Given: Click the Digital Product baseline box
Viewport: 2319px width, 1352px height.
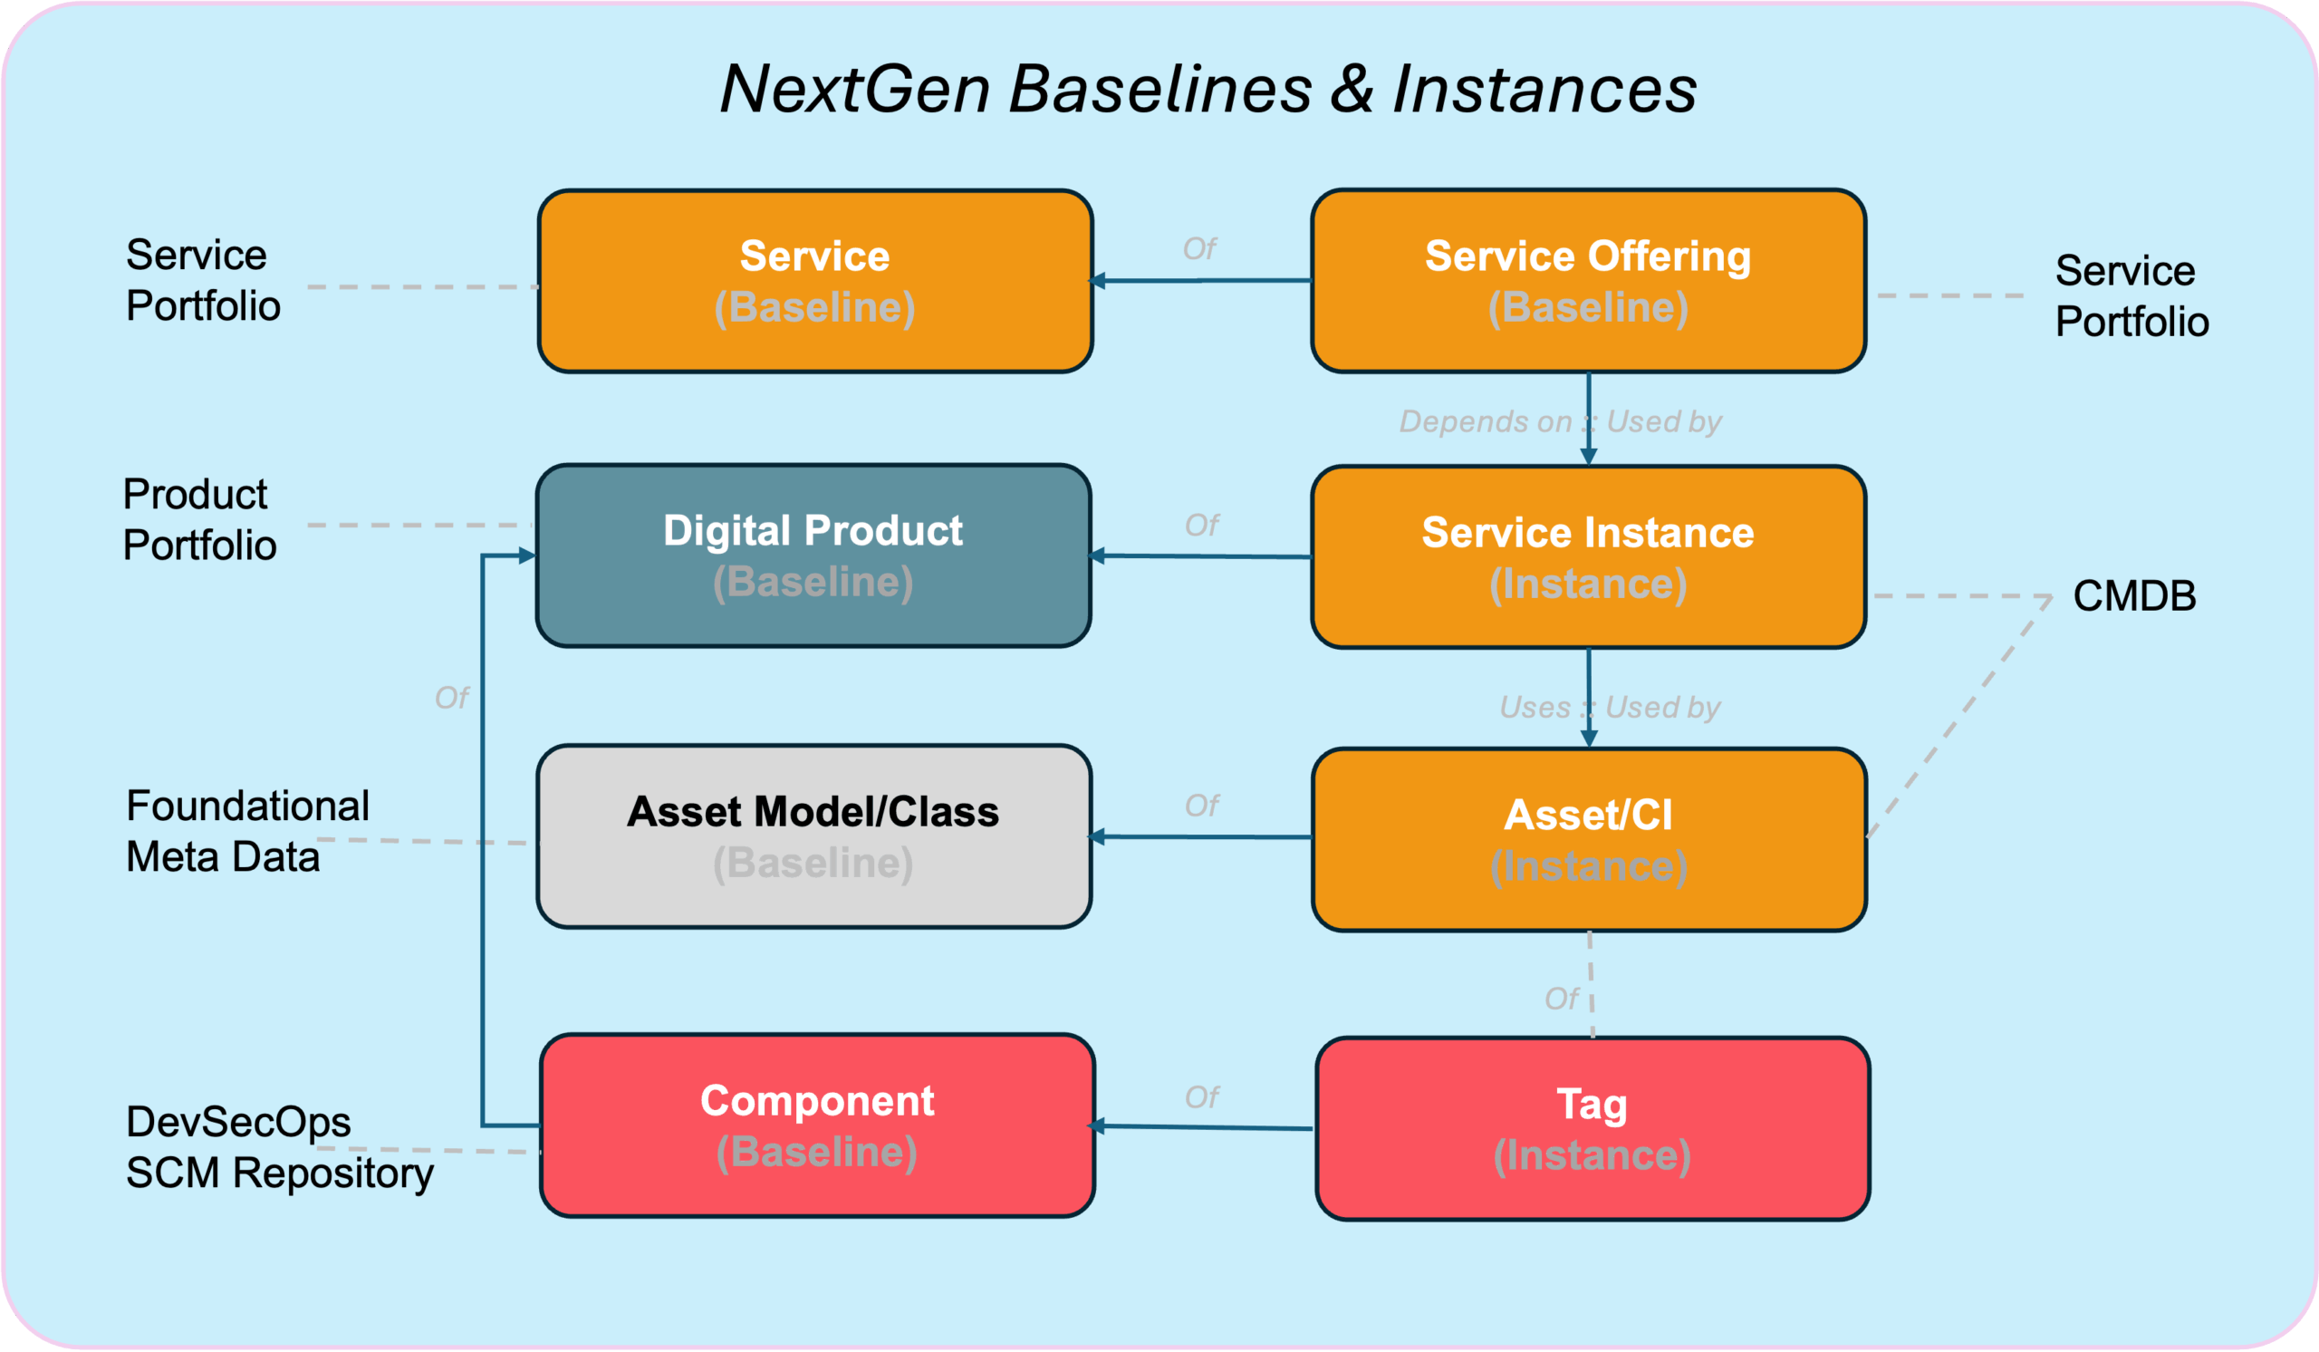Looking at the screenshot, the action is click(x=813, y=555).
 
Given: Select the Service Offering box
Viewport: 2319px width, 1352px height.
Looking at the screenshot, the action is click(x=1588, y=281).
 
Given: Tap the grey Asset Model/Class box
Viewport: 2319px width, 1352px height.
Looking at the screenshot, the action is click(x=813, y=836).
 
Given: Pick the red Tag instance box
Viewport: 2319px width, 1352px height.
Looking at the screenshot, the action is click(x=1593, y=1129).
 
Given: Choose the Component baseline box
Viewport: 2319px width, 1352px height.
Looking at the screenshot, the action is click(x=817, y=1125).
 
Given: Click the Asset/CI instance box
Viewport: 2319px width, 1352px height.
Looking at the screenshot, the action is click(x=1589, y=840).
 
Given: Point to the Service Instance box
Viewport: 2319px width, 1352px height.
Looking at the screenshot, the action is click(x=1588, y=556).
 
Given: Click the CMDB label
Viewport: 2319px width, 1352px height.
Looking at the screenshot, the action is click(x=2134, y=595).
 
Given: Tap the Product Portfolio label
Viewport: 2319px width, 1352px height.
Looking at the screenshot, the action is click(x=198, y=519).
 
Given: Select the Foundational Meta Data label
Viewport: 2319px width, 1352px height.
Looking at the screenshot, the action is click(x=247, y=831).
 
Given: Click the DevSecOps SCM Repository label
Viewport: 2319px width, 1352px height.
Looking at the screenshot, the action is click(x=280, y=1147).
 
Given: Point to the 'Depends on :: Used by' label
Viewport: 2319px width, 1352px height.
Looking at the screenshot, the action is click(x=1560, y=421).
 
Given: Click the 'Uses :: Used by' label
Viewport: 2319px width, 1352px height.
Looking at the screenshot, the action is click(x=1610, y=707).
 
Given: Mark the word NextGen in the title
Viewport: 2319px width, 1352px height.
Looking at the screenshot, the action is click(x=855, y=90).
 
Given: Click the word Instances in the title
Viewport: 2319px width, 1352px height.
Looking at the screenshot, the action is click(x=1544, y=90).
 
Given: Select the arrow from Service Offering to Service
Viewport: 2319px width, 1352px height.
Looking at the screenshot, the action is click(x=1200, y=281).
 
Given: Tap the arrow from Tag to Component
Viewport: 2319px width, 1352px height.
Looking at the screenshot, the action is click(x=1201, y=1126).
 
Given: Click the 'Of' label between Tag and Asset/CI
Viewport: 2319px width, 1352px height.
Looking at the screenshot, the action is click(x=1561, y=999).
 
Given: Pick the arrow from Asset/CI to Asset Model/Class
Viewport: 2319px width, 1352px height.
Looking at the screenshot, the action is click(x=1200, y=836).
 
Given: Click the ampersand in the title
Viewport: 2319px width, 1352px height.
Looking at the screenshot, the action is click(x=1352, y=90).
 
